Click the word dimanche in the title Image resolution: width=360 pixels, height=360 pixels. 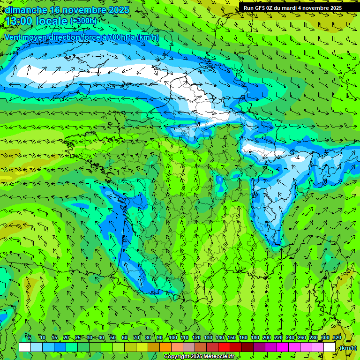(x=26, y=10)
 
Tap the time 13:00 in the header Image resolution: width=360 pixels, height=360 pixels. (x=19, y=21)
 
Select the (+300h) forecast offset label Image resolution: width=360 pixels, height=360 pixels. (x=83, y=21)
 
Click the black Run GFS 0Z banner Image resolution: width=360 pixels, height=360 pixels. (x=292, y=7)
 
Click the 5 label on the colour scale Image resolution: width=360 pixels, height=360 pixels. (x=30, y=337)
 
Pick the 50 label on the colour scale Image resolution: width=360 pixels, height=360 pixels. (x=112, y=337)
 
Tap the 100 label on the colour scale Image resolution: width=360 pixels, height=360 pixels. (x=172, y=337)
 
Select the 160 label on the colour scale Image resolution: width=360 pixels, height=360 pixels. (x=243, y=337)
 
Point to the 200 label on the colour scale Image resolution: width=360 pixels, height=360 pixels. (x=266, y=337)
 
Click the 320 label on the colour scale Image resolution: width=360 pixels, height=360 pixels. (x=337, y=337)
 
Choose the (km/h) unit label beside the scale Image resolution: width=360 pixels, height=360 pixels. (x=347, y=348)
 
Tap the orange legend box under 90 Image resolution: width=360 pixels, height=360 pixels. (x=165, y=347)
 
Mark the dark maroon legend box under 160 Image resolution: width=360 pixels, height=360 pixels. (x=247, y=347)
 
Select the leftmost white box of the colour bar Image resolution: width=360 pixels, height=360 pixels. (x=25, y=347)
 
